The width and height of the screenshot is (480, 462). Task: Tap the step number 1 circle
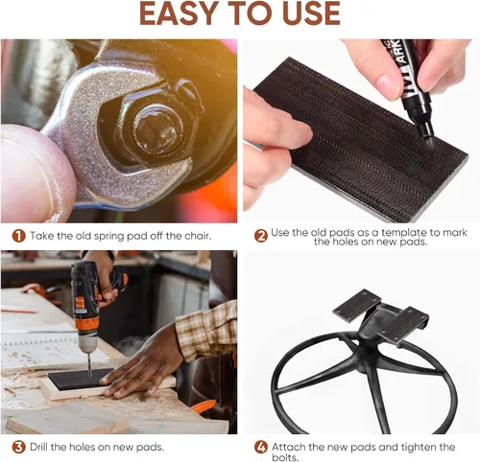click(18, 236)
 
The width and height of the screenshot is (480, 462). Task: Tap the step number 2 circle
click(261, 236)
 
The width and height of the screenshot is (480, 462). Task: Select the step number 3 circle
click(18, 447)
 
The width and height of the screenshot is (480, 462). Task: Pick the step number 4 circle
click(261, 447)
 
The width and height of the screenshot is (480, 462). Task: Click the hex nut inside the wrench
click(156, 127)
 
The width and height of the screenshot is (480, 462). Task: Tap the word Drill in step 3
click(39, 447)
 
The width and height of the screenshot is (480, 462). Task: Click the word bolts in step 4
click(285, 457)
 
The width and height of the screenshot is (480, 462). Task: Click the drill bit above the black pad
click(89, 364)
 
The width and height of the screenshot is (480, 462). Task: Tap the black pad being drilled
click(80, 379)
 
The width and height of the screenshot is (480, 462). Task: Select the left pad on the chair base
click(357, 305)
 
